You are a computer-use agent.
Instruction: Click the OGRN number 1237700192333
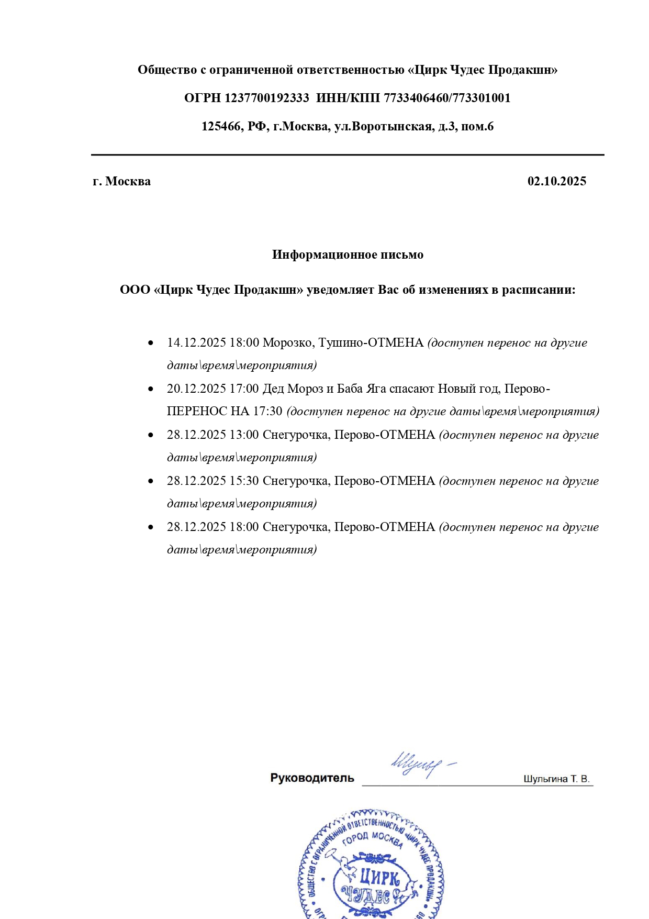click(266, 98)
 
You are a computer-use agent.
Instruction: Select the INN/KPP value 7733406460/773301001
click(447, 98)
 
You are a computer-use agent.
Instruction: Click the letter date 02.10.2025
click(556, 182)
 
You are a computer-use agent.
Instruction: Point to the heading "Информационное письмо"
click(348, 255)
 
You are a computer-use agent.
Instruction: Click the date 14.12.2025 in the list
click(196, 343)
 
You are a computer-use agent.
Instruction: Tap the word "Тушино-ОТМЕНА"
click(371, 343)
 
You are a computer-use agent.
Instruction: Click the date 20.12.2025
click(196, 389)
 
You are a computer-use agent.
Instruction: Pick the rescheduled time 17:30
click(267, 412)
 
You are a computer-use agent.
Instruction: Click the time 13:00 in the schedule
click(244, 435)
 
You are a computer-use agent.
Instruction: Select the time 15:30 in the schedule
click(244, 481)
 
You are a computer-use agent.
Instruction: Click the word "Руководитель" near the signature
click(312, 778)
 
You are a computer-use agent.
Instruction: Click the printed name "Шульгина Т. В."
click(556, 779)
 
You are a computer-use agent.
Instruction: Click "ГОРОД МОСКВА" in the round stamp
click(373, 839)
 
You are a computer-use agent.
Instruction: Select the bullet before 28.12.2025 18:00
click(151, 527)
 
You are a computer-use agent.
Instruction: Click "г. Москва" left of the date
click(122, 182)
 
